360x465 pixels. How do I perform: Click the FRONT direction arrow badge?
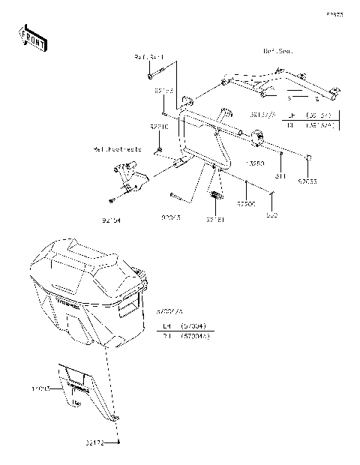pos(31,39)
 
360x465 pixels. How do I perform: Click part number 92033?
pos(307,181)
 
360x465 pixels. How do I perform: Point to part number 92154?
pos(111,221)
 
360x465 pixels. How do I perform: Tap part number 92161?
pos(216,220)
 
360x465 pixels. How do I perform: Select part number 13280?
pos(254,161)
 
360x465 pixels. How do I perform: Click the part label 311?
pos(280,177)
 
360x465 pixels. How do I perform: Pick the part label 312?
pos(272,214)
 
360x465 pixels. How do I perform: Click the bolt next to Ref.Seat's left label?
pos(152,75)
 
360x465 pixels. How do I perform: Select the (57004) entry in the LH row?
pos(199,327)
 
